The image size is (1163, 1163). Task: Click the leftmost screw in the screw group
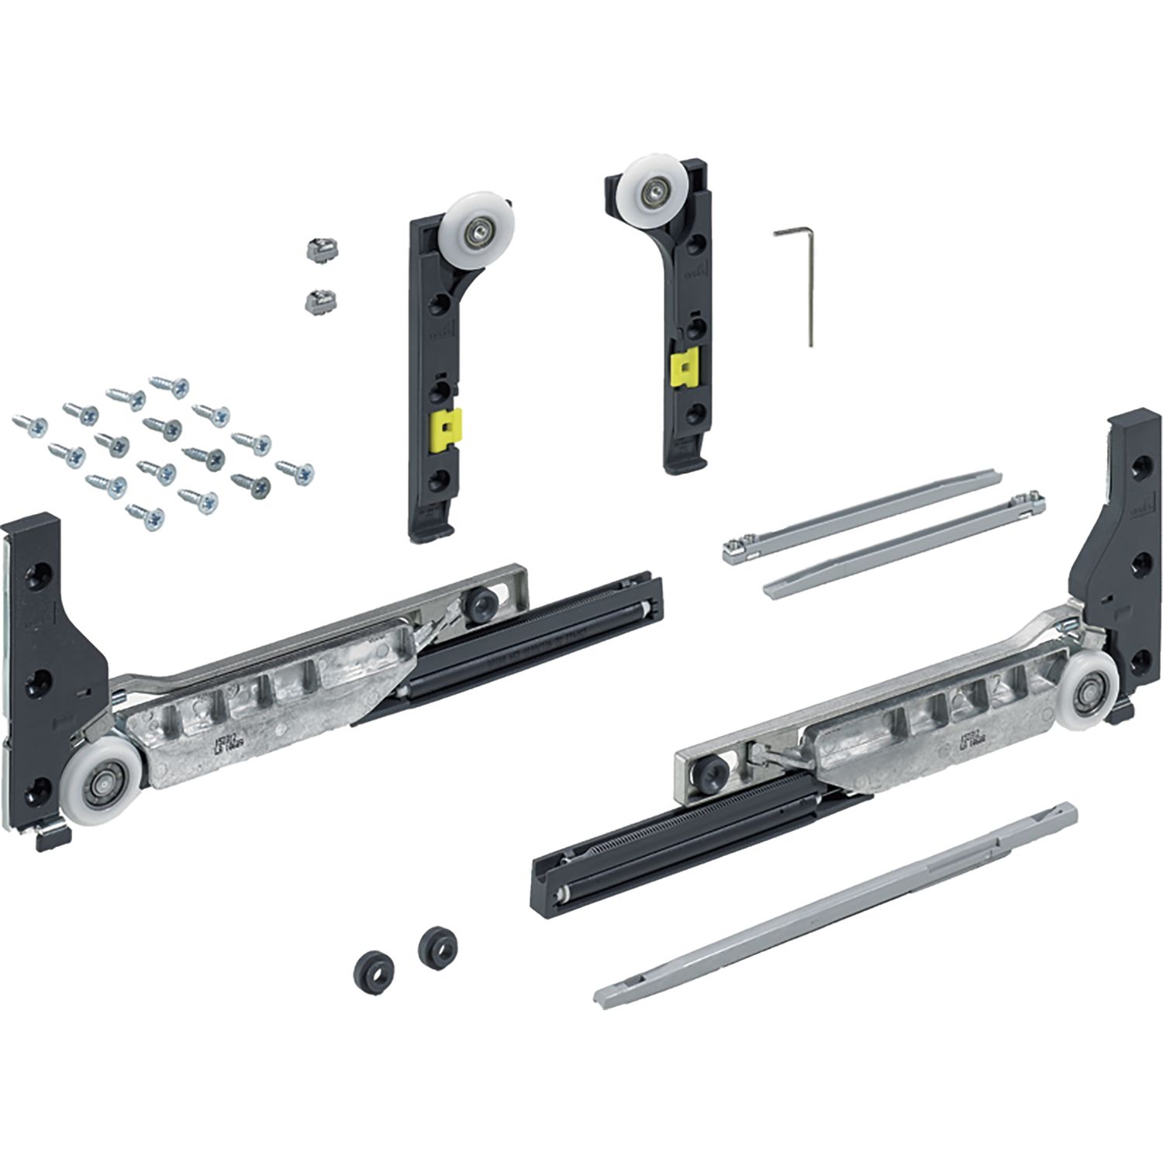[29, 424]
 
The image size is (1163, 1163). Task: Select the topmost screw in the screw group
[170, 384]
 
